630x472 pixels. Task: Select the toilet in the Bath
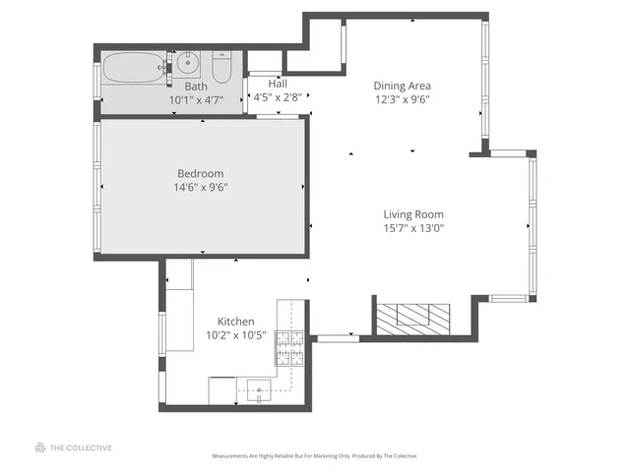220,70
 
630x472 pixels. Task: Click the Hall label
278,84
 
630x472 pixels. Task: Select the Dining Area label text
402,86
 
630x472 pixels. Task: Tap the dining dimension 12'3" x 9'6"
402,99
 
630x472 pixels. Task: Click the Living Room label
413,213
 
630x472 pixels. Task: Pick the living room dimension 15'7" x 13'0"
413,228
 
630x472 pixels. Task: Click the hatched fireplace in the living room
414,316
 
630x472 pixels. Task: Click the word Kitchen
236,322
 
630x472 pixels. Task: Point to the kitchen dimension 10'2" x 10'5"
236,335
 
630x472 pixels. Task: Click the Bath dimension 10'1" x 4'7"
197,99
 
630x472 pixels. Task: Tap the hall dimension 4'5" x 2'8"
278,97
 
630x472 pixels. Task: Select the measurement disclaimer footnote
315,456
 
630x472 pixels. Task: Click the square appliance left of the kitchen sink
221,389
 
